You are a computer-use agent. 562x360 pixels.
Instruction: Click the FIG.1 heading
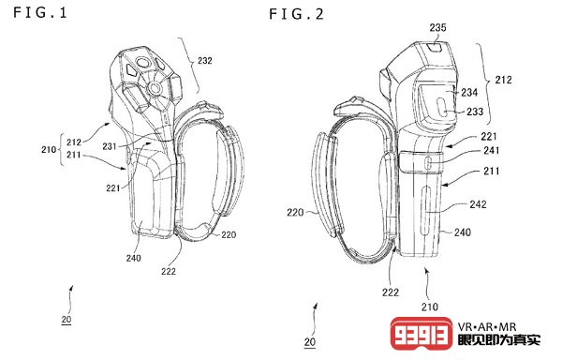click(x=39, y=13)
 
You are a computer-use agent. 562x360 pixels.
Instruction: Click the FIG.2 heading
click(x=296, y=14)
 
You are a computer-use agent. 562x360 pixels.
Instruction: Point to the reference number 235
click(x=438, y=27)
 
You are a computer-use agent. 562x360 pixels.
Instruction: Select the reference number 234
click(x=469, y=93)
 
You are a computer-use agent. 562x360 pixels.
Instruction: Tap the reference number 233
click(x=475, y=112)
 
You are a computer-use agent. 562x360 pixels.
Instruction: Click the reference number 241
click(x=492, y=150)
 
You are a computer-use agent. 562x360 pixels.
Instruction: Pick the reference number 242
click(x=478, y=204)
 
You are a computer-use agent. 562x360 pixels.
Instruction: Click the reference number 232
click(x=205, y=61)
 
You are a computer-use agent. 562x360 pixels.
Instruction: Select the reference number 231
click(x=110, y=146)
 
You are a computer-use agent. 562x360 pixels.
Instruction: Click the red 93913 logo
click(x=421, y=334)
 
